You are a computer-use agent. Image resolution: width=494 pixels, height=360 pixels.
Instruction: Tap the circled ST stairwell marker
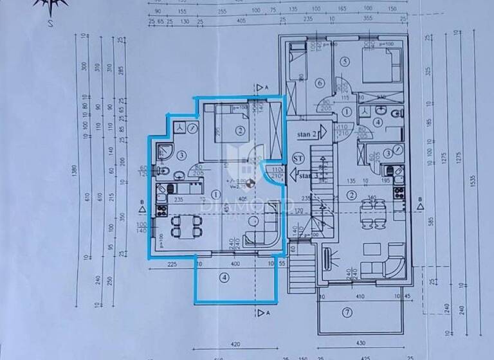[298, 157]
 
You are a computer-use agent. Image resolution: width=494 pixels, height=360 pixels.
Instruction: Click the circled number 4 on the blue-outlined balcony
[223, 278]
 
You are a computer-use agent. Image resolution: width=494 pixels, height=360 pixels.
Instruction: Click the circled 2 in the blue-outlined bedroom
[239, 131]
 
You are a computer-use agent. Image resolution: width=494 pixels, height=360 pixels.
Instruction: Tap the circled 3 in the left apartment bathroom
[182, 154]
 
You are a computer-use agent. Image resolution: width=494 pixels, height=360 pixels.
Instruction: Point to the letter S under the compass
[49, 25]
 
